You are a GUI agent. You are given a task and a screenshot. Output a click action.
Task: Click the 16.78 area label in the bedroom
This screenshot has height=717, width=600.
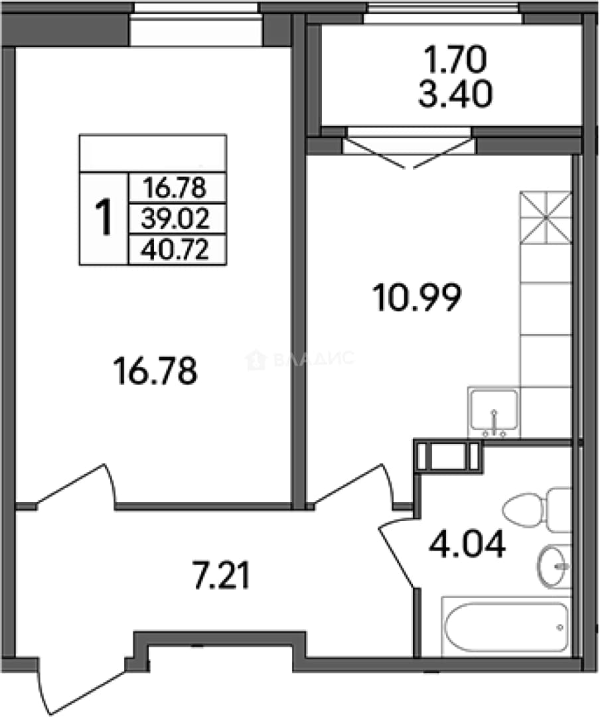155,371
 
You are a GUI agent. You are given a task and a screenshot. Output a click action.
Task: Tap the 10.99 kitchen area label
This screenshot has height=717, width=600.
417,297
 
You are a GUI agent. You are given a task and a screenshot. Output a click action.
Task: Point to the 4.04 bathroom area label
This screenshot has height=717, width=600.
467,544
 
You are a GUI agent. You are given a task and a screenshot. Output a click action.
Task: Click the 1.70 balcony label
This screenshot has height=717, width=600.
455,61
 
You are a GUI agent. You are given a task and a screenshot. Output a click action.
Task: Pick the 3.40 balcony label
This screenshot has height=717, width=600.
455,94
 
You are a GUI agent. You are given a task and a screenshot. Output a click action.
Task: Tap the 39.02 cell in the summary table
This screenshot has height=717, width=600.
175,219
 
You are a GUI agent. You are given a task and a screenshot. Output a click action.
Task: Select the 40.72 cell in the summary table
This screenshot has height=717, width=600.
175,250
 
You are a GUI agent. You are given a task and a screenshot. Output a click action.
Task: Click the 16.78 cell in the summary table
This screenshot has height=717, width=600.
175,188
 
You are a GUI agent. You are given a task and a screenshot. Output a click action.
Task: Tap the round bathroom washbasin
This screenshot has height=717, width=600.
554,566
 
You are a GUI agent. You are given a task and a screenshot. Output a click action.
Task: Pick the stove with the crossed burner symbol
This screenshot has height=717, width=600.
546,217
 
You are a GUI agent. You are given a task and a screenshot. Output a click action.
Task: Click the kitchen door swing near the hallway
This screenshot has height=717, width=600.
352,486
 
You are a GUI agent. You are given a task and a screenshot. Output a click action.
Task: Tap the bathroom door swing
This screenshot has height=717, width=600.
397,551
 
